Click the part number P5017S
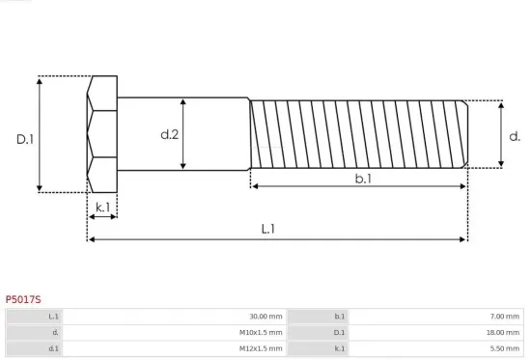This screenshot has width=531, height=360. (x=24, y=300)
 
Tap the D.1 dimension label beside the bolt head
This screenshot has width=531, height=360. (x=25, y=139)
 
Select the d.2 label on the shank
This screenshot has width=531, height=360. (x=169, y=134)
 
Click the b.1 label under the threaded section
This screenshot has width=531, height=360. (x=363, y=179)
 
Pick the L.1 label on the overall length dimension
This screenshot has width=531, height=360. (x=268, y=229)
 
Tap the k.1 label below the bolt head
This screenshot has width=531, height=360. (x=102, y=207)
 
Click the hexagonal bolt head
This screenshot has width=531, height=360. (x=101, y=134)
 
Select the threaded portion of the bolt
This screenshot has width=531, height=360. (x=359, y=133)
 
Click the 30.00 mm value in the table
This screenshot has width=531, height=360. (x=265, y=317)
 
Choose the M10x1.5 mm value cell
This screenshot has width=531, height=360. (x=262, y=332)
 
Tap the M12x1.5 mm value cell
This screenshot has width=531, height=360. (x=262, y=347)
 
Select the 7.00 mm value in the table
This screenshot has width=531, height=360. (x=505, y=317)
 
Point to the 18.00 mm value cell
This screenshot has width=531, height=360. (x=503, y=332)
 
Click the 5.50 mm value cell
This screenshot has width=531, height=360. (x=505, y=347)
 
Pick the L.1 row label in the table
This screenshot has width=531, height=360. (x=54, y=317)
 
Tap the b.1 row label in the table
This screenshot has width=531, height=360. (x=339, y=317)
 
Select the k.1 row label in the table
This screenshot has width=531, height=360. (x=339, y=347)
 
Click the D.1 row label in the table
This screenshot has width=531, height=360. (x=339, y=332)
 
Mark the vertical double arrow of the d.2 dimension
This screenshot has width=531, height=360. (x=183, y=134)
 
